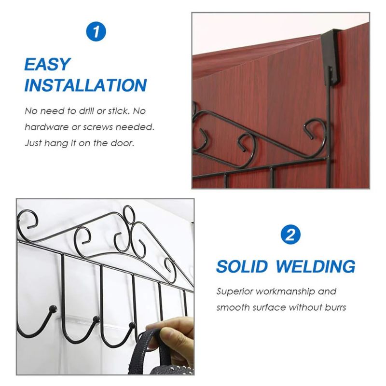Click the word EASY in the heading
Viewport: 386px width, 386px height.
[47, 64]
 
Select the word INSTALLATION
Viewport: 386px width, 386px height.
[85, 85]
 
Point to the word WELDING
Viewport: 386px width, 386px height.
[318, 266]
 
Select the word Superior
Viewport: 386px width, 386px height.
[235, 291]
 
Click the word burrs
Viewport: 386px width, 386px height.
[334, 307]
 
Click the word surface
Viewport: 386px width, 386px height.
[271, 307]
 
